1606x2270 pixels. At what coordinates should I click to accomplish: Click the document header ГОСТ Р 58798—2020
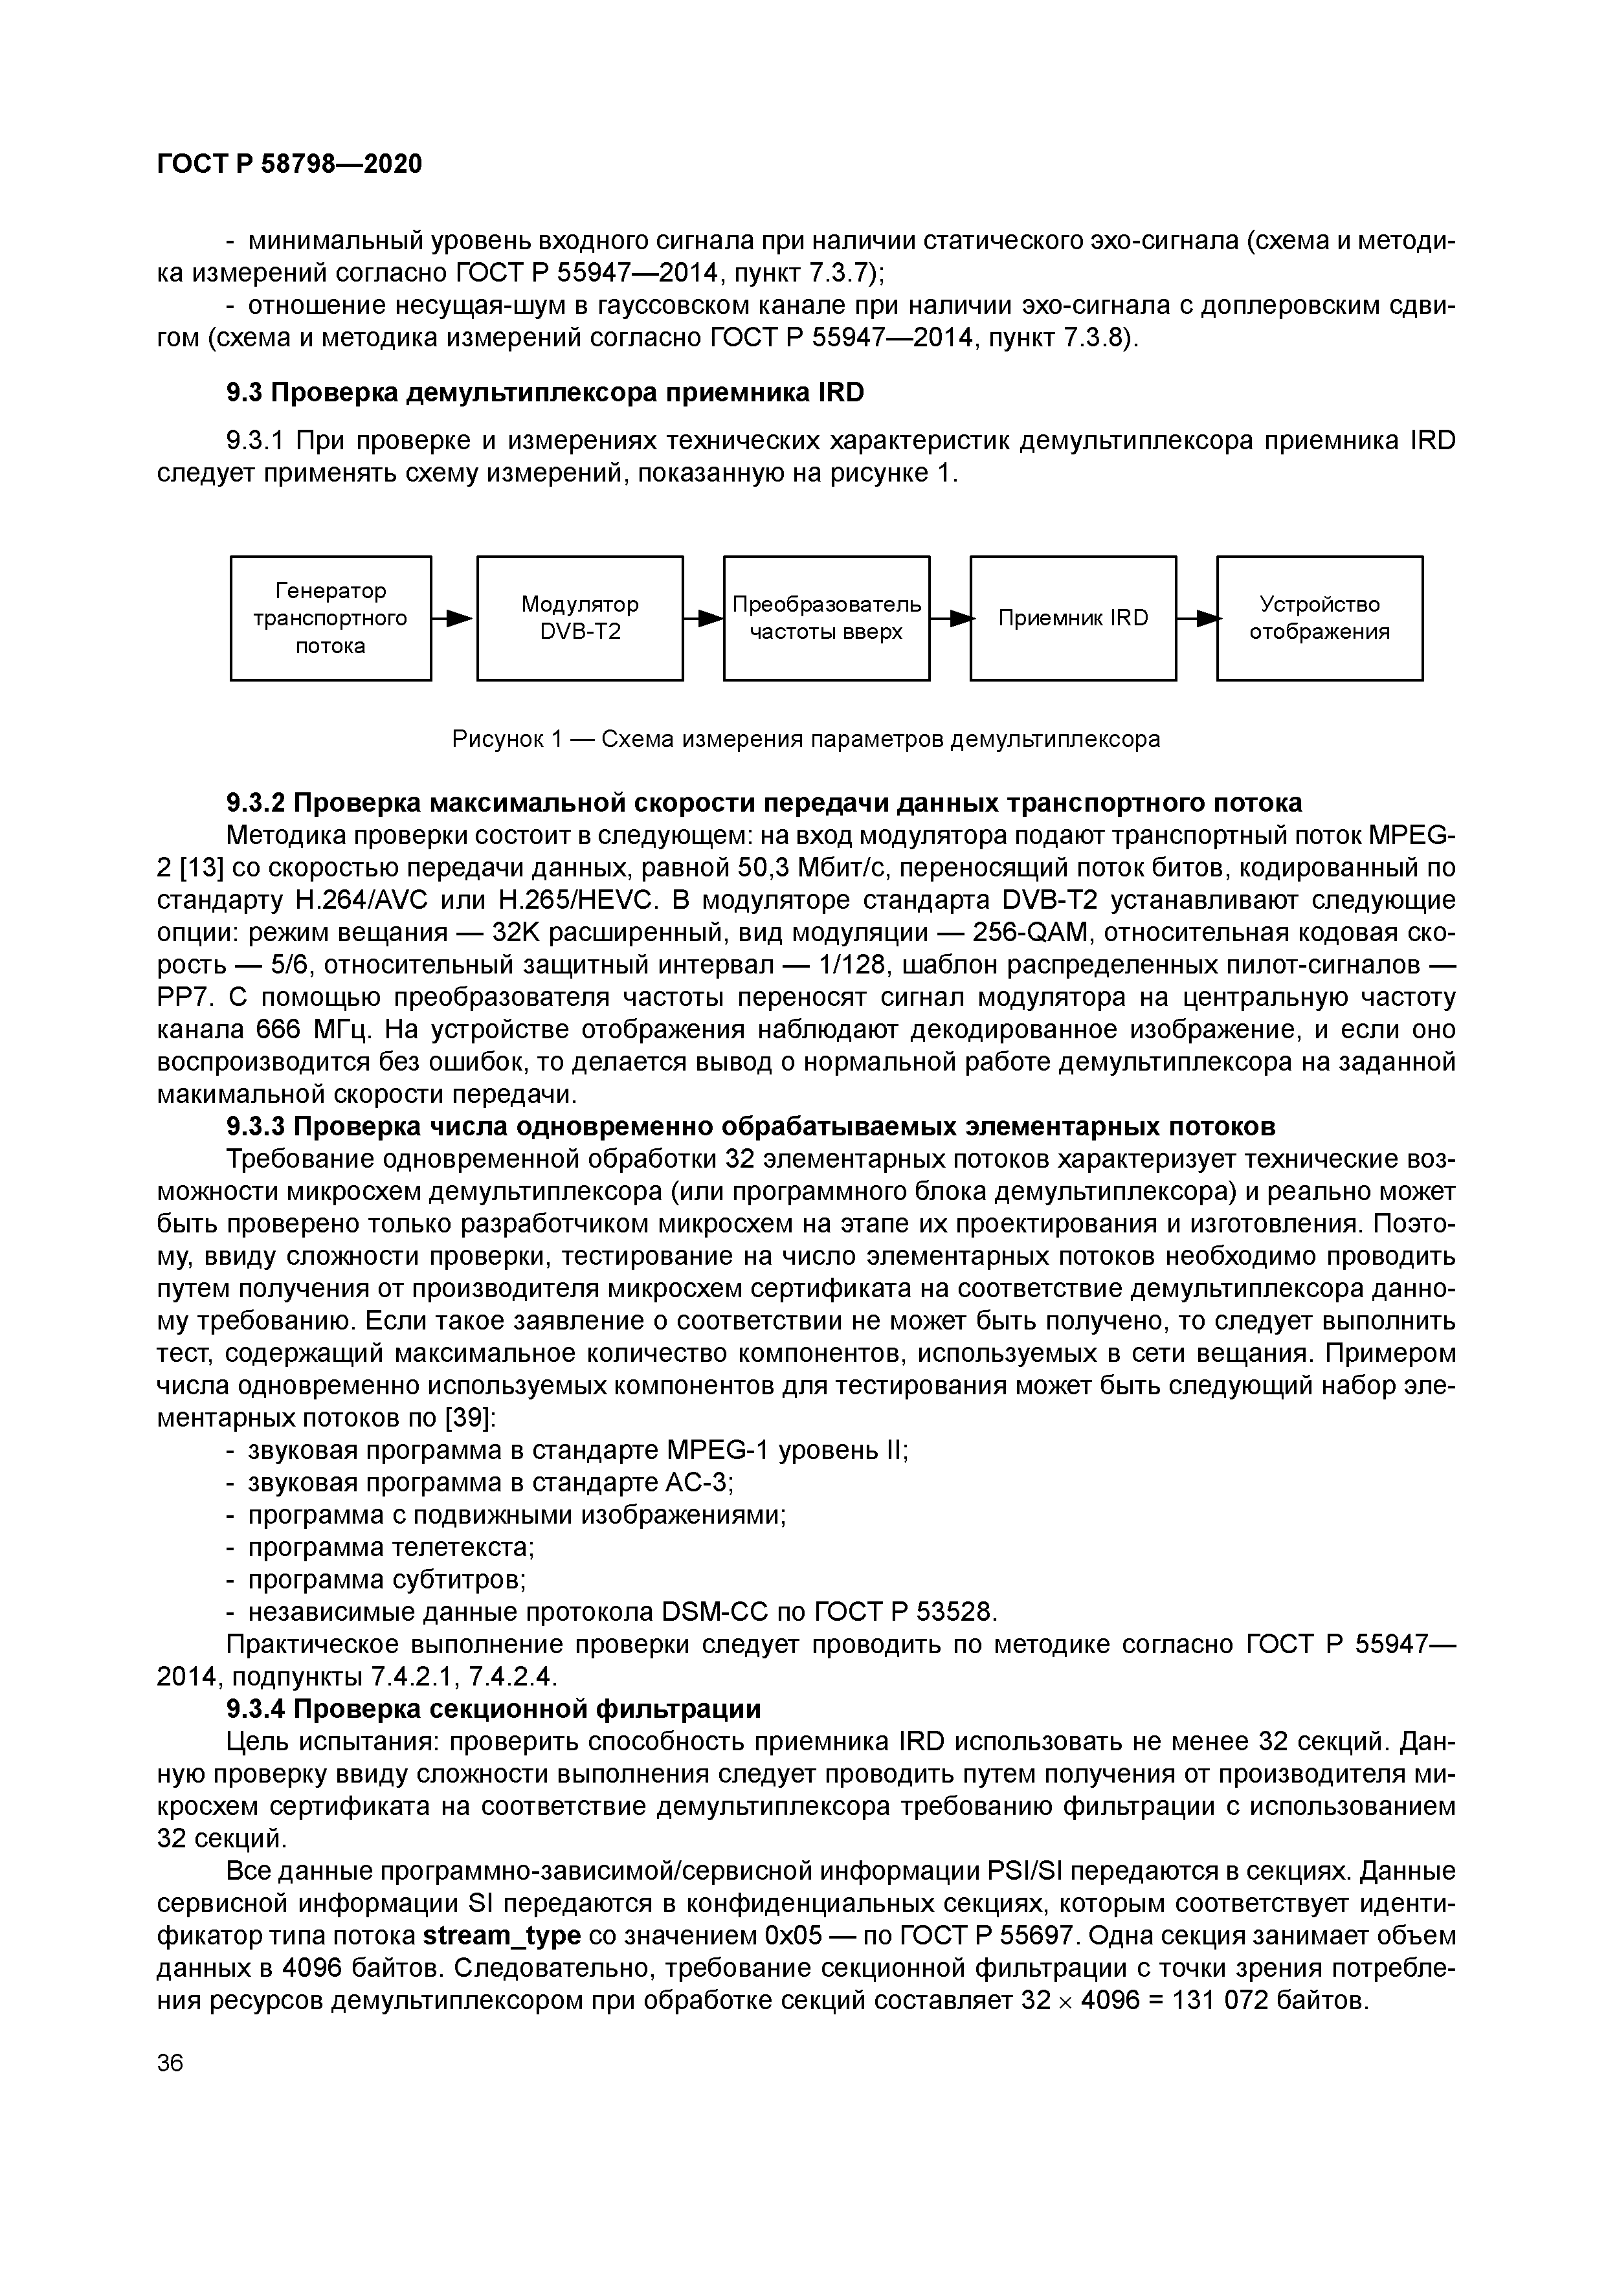pos(290,164)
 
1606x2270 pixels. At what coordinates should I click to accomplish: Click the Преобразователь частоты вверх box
pos(826,618)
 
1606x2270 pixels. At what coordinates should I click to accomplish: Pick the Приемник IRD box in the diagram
pos(1073,618)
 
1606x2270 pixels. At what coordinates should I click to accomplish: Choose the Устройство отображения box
pos(1319,618)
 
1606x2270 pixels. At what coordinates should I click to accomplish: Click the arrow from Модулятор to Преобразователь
pos(704,618)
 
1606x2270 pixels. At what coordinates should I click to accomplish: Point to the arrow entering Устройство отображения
pos(1198,618)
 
